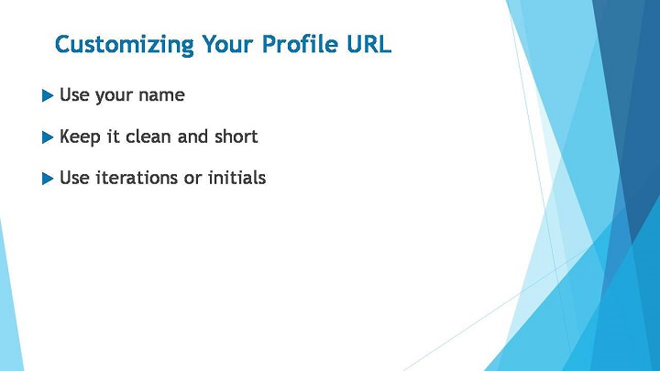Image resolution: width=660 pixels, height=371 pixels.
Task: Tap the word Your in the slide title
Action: coord(227,43)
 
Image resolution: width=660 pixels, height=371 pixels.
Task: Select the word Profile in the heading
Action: coord(300,43)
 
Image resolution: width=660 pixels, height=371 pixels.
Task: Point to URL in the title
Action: coord(369,44)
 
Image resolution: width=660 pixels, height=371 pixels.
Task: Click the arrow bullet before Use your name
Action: coord(48,95)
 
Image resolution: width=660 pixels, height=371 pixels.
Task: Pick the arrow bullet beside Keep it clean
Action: coord(48,137)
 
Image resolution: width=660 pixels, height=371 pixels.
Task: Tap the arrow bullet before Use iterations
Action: coord(48,179)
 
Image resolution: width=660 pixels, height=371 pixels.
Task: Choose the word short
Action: coord(236,136)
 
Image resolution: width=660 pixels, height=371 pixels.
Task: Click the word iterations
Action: coord(137,178)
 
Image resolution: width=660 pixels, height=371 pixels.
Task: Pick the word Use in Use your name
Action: coord(74,94)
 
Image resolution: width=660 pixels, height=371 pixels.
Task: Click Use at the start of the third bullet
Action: coord(74,178)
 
